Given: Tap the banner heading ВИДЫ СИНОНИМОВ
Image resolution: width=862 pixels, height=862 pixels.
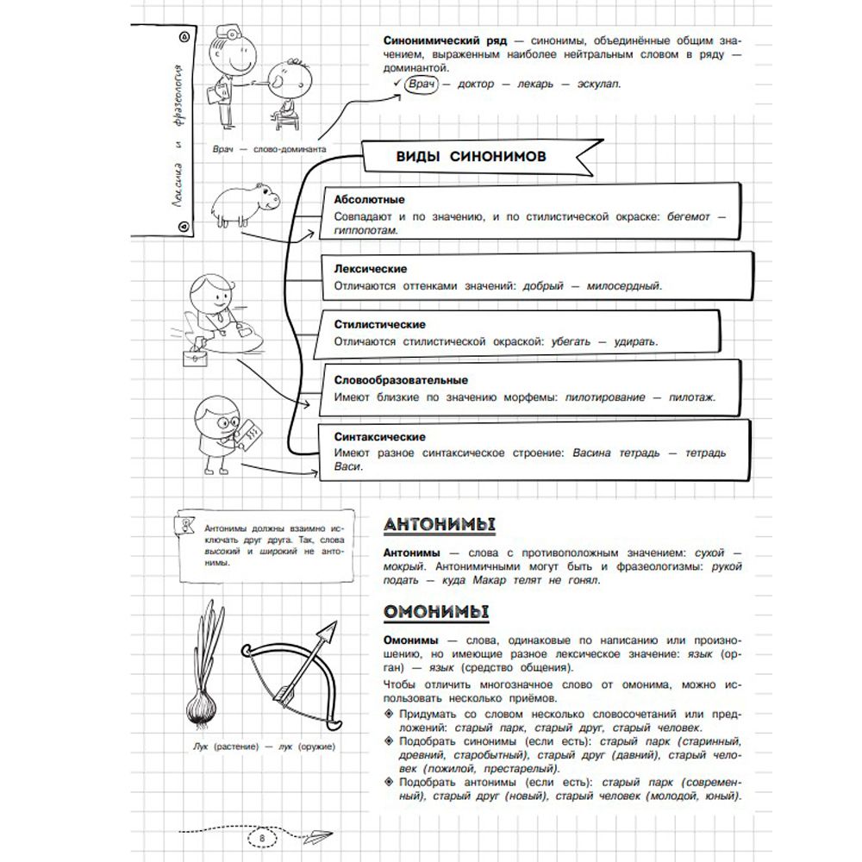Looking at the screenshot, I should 470,156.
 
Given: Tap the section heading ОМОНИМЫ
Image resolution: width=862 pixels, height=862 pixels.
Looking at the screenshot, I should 436,614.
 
